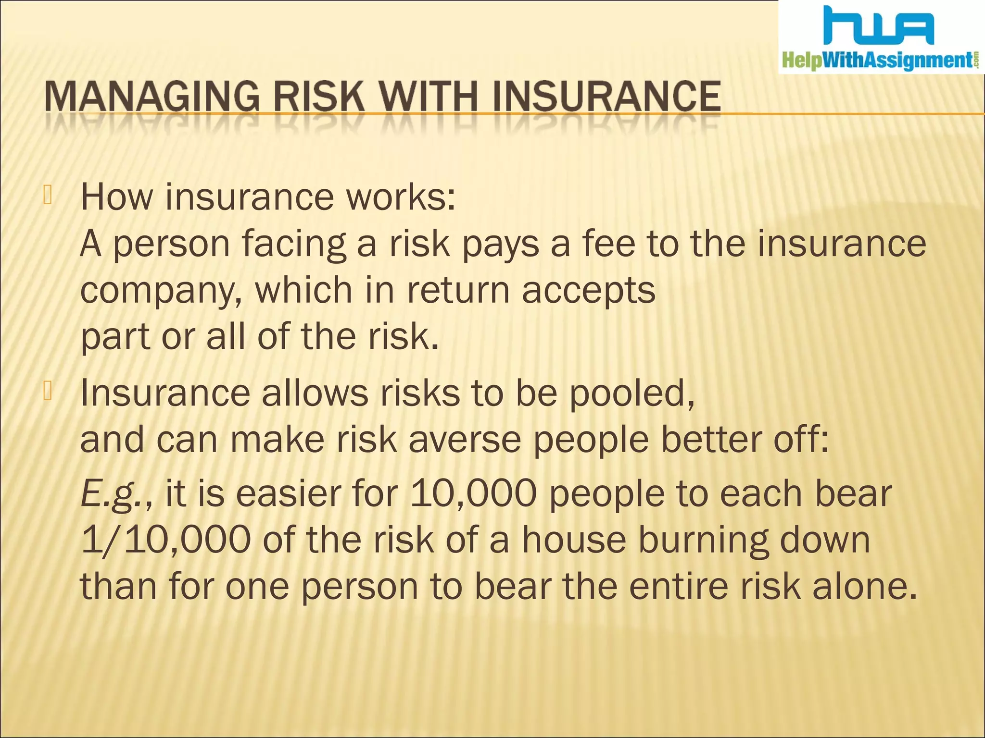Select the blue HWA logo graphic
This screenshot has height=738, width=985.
(x=878, y=26)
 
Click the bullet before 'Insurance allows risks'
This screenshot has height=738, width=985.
(x=47, y=391)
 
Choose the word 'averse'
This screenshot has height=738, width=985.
(x=465, y=440)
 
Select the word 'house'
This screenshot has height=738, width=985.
(x=574, y=540)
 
